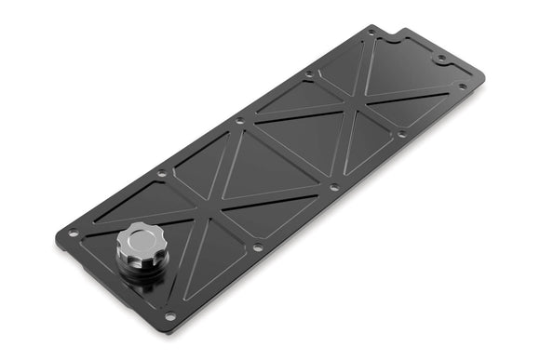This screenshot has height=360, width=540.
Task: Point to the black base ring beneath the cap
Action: click(142, 272)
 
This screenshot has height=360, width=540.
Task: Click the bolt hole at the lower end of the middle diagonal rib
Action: click(332, 187)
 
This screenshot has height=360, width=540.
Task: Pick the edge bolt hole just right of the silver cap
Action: click(256, 247)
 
